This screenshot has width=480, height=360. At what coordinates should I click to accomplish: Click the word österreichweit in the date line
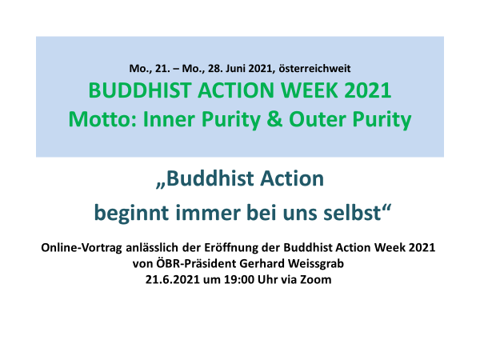314,68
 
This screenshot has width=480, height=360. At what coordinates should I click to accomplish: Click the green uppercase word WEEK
310,90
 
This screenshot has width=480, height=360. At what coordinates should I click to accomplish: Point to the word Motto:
102,119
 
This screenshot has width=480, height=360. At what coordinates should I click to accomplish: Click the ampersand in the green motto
274,119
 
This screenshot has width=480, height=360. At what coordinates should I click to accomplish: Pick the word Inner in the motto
169,119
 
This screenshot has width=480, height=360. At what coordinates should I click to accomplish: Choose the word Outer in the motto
318,119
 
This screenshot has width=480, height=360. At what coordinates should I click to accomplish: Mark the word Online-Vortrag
82,248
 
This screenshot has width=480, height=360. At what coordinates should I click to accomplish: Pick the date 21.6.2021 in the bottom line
173,280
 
